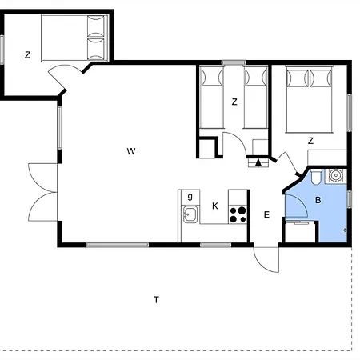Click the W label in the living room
[x=131, y=151]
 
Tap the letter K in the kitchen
[x=215, y=206]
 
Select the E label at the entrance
[x=266, y=214]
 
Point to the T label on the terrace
[x=156, y=300]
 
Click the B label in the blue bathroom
[x=318, y=200]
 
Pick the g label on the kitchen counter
[x=190, y=197]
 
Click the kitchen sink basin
[x=190, y=214]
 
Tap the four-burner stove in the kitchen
[x=238, y=214]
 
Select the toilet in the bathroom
[x=316, y=177]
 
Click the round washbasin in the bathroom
[x=335, y=176]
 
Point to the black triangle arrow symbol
[x=258, y=162]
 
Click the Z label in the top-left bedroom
[x=27, y=55]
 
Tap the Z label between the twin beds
[x=234, y=102]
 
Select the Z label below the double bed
[x=310, y=141]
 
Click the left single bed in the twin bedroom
[x=212, y=98]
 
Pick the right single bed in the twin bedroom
[x=255, y=98]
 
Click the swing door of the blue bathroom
[x=302, y=202]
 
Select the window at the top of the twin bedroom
[x=234, y=62]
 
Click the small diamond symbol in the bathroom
[x=345, y=230]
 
